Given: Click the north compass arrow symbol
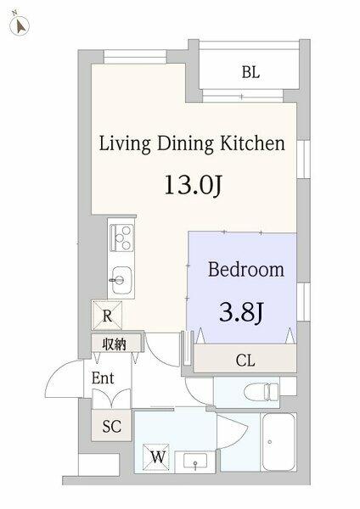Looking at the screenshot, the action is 20,25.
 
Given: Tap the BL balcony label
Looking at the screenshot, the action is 250,72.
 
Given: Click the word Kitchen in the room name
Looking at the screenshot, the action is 252,143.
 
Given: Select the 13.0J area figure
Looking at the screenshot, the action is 193,185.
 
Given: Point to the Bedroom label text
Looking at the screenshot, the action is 246,270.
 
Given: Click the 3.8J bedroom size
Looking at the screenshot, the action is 241,312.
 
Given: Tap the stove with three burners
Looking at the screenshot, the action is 122,238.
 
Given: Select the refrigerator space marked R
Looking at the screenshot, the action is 107,316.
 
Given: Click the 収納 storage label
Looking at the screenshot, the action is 114,344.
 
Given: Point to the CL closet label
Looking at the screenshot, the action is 245,360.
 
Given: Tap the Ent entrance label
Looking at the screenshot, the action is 103,378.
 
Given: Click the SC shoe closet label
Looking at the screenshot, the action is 111,426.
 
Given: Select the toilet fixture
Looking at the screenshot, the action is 262,391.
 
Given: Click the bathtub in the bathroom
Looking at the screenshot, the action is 278,442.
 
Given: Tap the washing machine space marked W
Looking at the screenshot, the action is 156,457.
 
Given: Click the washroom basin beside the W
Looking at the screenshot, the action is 195,461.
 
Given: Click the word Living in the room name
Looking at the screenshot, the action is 125,144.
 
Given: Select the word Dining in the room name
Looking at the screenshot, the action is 185,144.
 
